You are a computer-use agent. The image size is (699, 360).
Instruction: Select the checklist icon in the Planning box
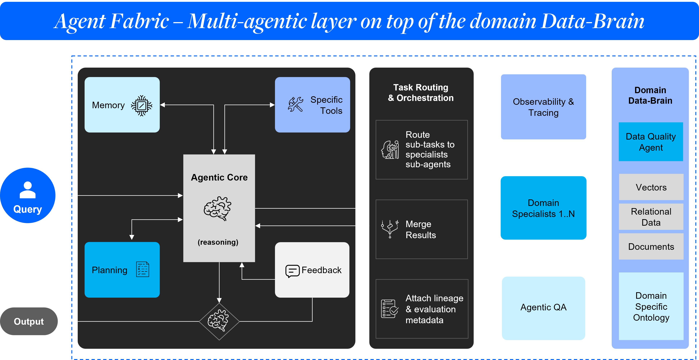[142, 269]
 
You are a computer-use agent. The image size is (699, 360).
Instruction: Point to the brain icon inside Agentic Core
[218, 208]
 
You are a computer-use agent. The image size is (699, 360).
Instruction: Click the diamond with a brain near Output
[219, 321]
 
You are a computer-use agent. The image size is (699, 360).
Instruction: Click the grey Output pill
[29, 321]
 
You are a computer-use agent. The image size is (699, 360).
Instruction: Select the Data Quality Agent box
[651, 142]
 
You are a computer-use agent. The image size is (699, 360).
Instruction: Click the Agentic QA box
[543, 308]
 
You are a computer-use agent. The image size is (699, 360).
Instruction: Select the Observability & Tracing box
[543, 107]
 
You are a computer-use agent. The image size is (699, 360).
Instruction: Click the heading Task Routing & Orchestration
[421, 93]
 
